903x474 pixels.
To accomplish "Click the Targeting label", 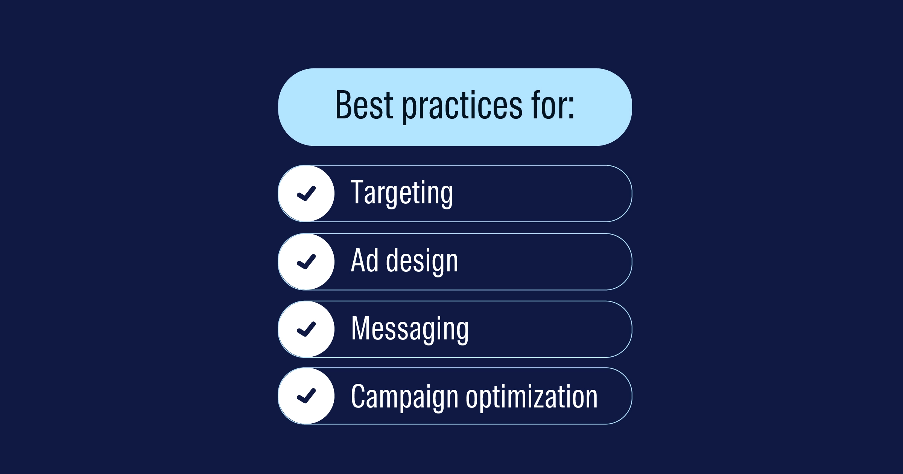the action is pos(402,194).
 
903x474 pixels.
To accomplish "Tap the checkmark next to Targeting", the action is pos(306,194).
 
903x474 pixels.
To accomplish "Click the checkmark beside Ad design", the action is pos(306,262).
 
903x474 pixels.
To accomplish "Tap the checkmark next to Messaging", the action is pos(306,329).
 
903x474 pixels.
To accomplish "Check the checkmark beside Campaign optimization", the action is pos(306,396).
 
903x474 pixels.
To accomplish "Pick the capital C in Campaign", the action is pos(358,396).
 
